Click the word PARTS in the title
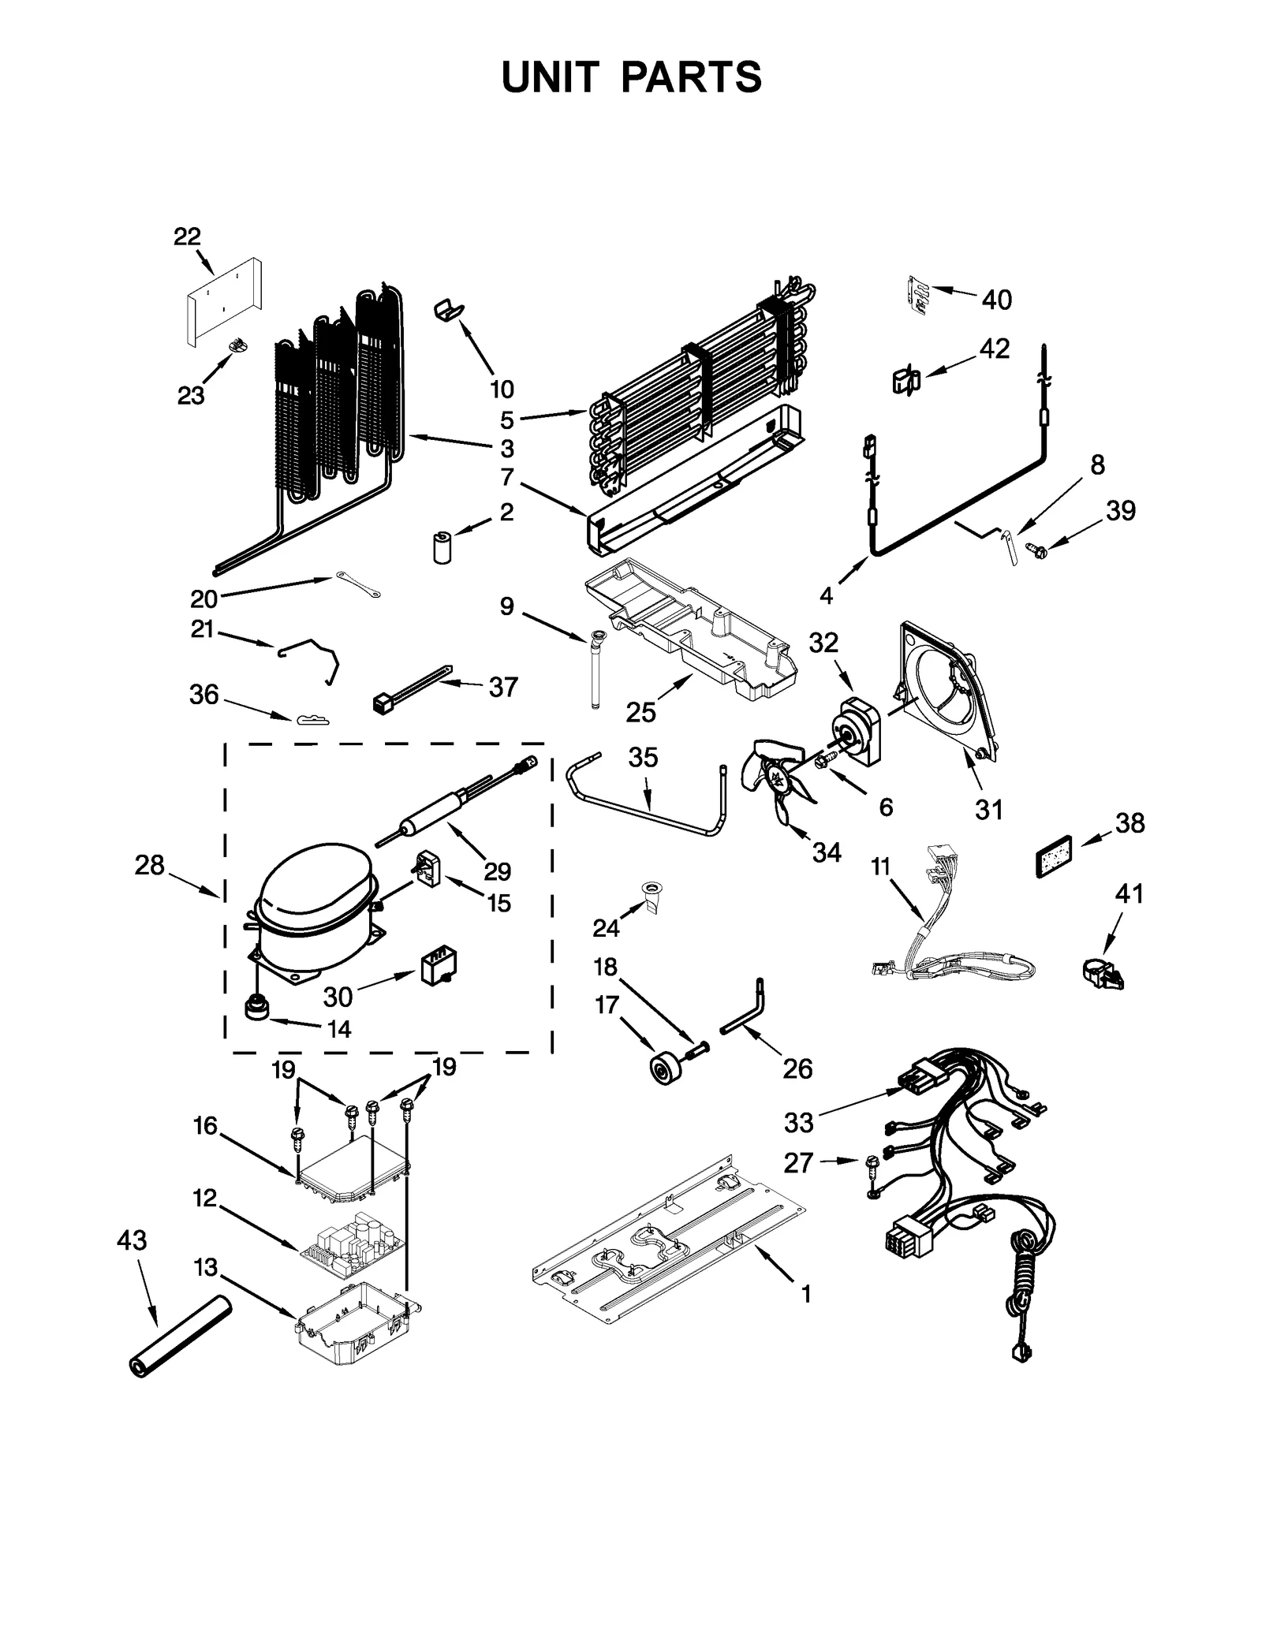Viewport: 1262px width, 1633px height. click(x=691, y=77)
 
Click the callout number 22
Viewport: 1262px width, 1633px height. click(x=187, y=236)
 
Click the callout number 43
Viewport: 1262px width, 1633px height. click(x=132, y=1240)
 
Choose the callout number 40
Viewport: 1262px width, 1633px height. click(x=996, y=300)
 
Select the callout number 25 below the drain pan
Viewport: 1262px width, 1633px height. click(x=640, y=712)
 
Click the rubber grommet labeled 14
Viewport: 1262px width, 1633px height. click(x=257, y=1008)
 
